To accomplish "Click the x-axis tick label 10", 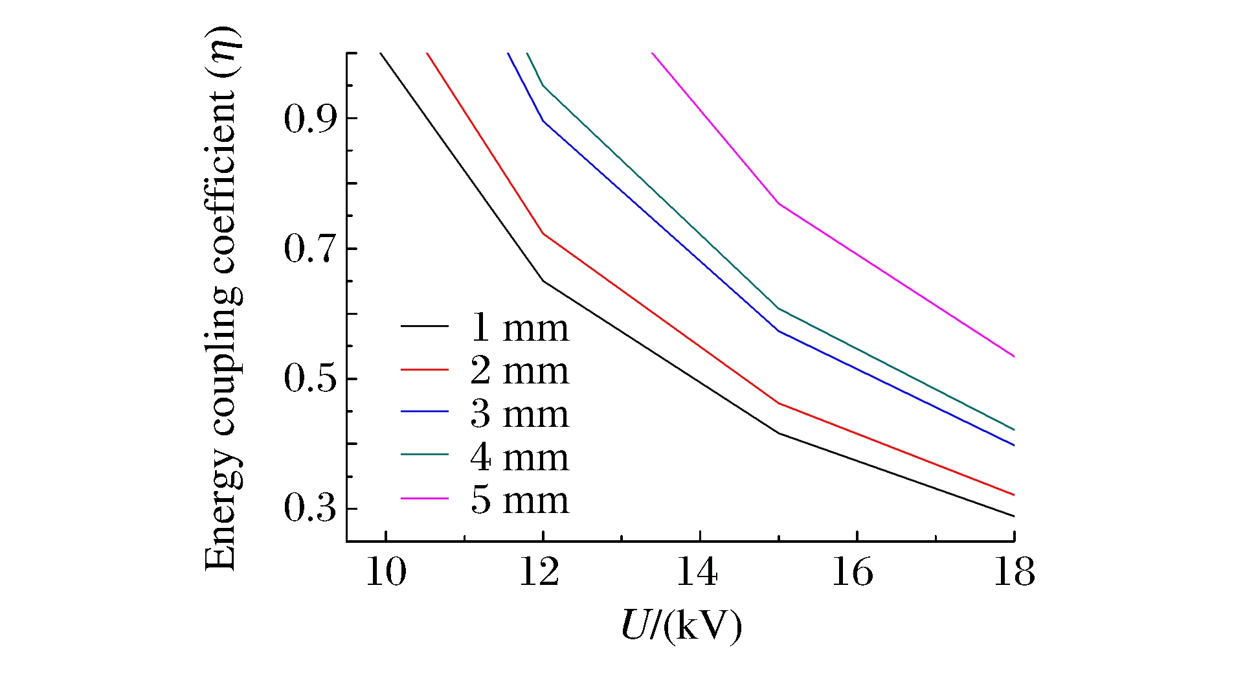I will (x=386, y=573).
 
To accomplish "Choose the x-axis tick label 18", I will (x=1013, y=573).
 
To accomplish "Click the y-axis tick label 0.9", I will (x=311, y=119).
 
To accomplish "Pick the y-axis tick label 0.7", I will (x=311, y=249).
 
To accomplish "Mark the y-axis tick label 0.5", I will (x=311, y=379).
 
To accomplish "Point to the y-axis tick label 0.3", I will (x=311, y=509).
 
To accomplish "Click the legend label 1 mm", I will (x=519, y=328).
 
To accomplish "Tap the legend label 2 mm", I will (x=519, y=371).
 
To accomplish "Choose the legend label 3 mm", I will (x=519, y=414).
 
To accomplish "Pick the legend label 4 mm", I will (x=519, y=457).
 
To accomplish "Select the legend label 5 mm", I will (x=519, y=500).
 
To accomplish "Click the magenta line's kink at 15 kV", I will (x=778, y=203).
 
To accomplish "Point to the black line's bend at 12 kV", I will (x=543, y=281).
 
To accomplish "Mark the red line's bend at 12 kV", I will (x=543, y=233).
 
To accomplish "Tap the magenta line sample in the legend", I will (x=424, y=498).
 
